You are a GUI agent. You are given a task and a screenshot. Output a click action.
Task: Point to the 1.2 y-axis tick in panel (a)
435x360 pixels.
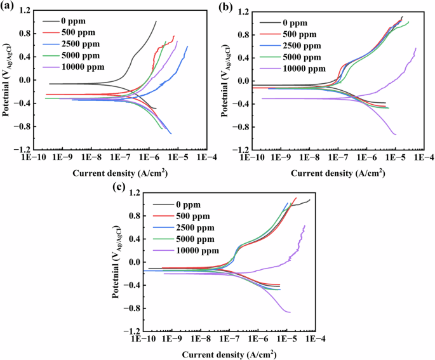coord(25,11)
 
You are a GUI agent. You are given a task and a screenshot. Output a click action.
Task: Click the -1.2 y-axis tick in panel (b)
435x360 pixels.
coord(241,150)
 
